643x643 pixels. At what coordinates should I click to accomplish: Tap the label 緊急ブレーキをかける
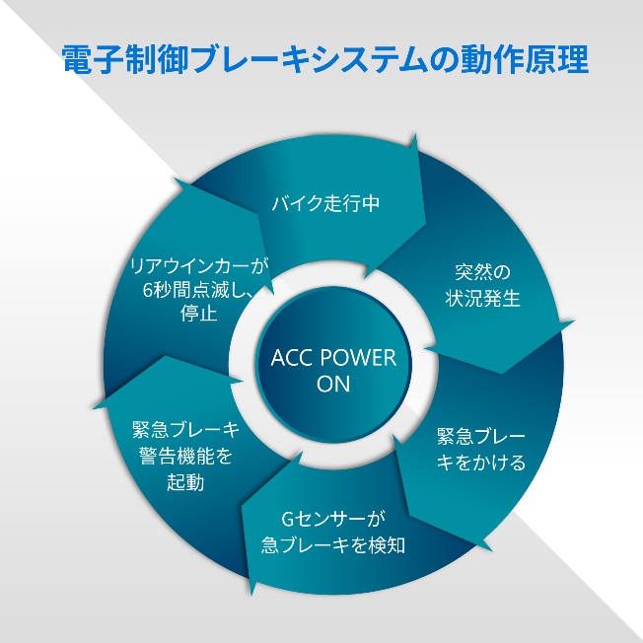coord(480,449)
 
